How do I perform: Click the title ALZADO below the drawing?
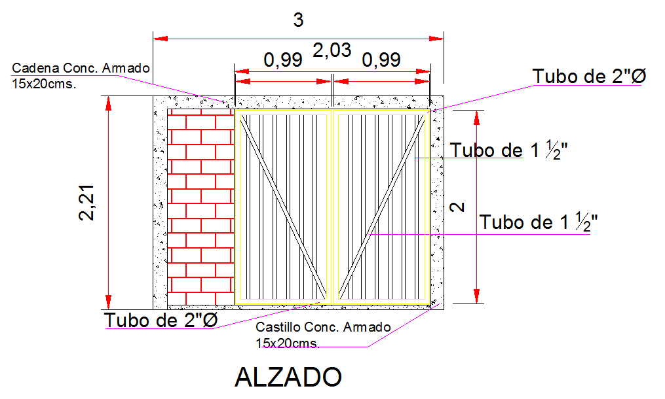tap(288, 377)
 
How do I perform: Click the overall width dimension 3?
tap(298, 21)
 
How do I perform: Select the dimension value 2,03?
tap(332, 50)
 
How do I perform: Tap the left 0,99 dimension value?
tap(282, 61)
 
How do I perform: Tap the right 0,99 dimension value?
tap(381, 61)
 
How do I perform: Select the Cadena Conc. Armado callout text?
tap(81, 68)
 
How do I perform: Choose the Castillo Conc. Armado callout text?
tap(323, 327)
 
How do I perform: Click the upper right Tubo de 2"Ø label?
tap(589, 77)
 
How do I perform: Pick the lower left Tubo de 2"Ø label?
tap(161, 321)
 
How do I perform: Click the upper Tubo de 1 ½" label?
tap(509, 150)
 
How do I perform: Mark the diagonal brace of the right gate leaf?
tap(380, 207)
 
